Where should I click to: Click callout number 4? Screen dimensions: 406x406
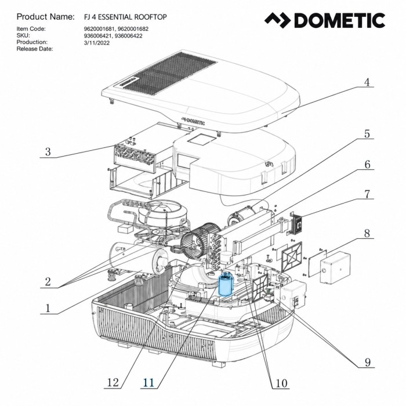pyautogui.click(x=367, y=82)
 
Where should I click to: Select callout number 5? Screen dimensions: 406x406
pyautogui.click(x=367, y=134)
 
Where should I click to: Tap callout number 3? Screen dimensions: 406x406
pyautogui.click(x=48, y=152)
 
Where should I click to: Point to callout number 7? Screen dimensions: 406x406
pyautogui.click(x=367, y=194)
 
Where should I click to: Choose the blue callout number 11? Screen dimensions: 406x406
pyautogui.click(x=148, y=382)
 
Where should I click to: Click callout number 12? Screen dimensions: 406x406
pyautogui.click(x=113, y=382)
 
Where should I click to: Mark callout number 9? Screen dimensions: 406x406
pyautogui.click(x=367, y=362)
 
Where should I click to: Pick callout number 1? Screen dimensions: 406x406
pyautogui.click(x=48, y=309)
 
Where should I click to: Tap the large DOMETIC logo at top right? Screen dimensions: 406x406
pyautogui.click(x=325, y=20)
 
